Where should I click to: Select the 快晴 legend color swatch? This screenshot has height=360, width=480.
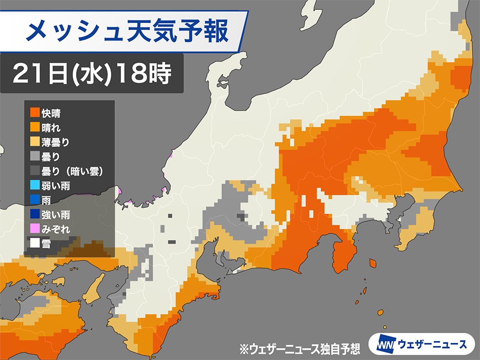pyautogui.click(x=34, y=112)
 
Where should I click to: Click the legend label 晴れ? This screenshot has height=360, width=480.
pyautogui.click(x=52, y=127)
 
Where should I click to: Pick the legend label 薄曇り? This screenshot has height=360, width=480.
pyautogui.click(x=56, y=142)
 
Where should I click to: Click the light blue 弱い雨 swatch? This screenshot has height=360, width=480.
pyautogui.click(x=34, y=186)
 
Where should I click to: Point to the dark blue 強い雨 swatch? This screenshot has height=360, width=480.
pyautogui.click(x=34, y=215)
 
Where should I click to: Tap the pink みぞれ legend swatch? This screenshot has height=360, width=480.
pyautogui.click(x=34, y=230)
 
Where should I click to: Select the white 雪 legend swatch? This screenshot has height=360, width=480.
pyautogui.click(x=34, y=245)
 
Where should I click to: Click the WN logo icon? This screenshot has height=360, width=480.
pyautogui.click(x=382, y=344)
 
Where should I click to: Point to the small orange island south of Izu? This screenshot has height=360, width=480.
pyautogui.click(x=372, y=263)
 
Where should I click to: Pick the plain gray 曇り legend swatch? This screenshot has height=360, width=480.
pyautogui.click(x=34, y=157)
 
